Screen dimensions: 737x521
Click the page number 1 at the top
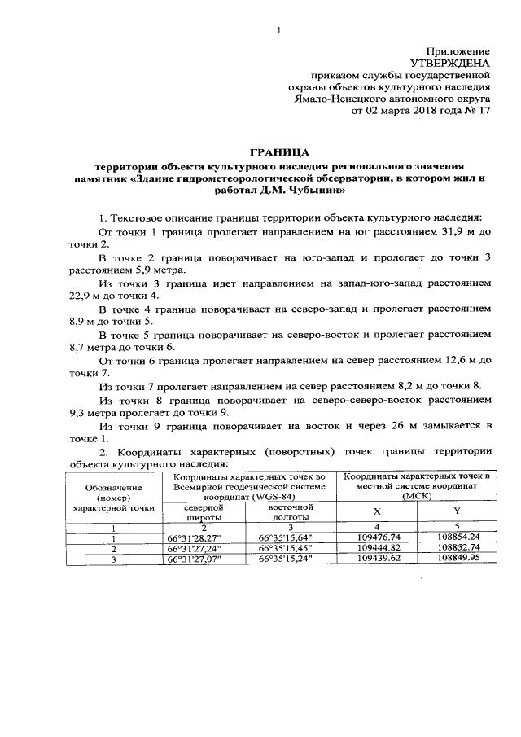278,30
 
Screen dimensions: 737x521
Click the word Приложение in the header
458,50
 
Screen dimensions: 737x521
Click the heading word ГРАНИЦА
278,151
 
